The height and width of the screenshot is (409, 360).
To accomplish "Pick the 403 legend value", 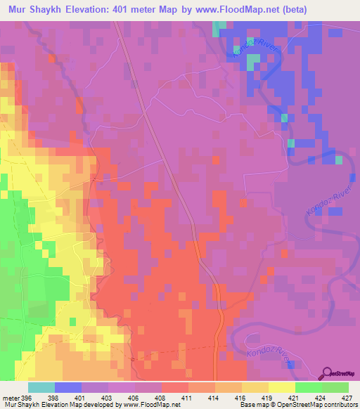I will tap(108, 397).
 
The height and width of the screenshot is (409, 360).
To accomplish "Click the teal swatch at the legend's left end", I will tap(41, 387).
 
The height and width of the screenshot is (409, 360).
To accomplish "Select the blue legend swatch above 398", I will tap(68, 387).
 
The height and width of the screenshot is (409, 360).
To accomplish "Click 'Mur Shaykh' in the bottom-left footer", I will tap(21, 405).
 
